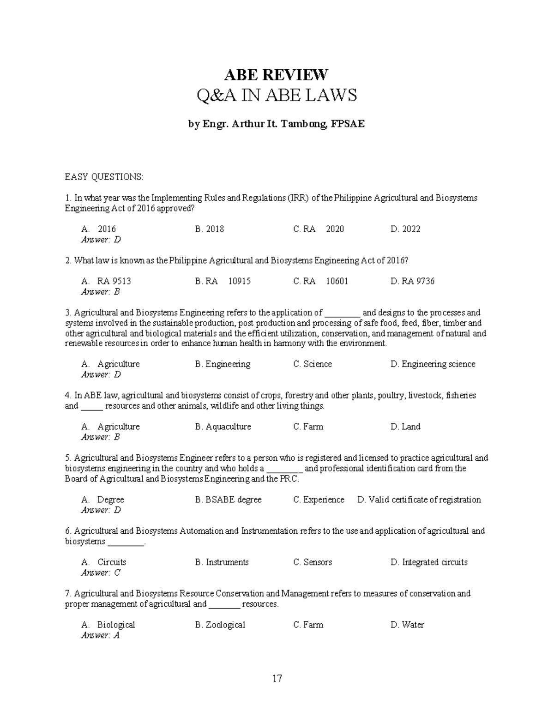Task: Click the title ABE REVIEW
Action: click(x=276, y=74)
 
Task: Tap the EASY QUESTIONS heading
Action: click(x=104, y=177)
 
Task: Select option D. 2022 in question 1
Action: click(x=405, y=229)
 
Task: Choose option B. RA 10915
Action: click(x=223, y=281)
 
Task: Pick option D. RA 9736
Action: click(x=412, y=281)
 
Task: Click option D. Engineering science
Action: click(x=433, y=364)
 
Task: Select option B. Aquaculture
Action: click(x=223, y=427)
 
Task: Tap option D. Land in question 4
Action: click(x=405, y=427)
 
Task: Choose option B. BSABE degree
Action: click(x=228, y=500)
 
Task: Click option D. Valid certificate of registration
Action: click(x=419, y=500)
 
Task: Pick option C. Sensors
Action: click(x=313, y=562)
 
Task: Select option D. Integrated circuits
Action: click(x=429, y=562)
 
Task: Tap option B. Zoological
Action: click(x=220, y=625)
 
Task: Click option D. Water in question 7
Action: click(x=407, y=625)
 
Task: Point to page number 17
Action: click(x=277, y=678)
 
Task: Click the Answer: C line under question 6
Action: click(x=101, y=572)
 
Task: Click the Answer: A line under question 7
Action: click(x=100, y=635)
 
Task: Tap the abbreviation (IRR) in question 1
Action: click(x=299, y=198)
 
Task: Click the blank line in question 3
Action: click(x=342, y=313)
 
